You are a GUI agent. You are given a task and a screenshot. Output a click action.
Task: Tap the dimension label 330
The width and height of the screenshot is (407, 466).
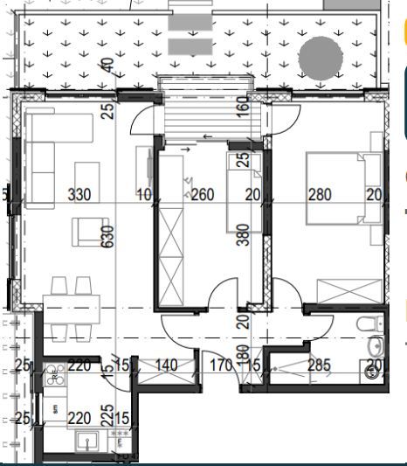79,195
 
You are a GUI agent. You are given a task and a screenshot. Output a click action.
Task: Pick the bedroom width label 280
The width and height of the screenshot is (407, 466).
320,195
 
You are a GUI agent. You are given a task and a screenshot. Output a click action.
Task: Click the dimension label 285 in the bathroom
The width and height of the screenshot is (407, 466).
319,365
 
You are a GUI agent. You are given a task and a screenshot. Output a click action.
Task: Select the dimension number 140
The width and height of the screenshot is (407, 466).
166,365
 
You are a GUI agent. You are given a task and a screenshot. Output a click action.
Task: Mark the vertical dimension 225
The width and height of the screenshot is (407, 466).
106,414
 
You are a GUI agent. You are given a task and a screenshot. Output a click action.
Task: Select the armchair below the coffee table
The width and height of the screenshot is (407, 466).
90,232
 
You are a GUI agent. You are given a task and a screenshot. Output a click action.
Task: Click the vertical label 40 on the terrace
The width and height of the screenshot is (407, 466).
106,64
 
